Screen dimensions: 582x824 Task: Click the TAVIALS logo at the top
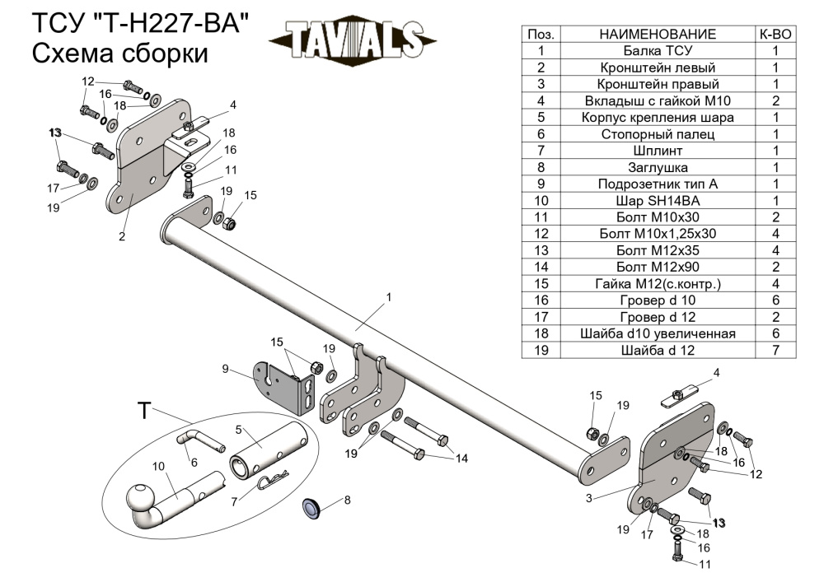(x=352, y=40)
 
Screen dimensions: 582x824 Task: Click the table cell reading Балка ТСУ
(x=658, y=50)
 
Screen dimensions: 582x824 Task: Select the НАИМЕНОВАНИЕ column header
(x=658, y=34)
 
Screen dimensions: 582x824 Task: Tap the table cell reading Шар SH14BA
(x=658, y=200)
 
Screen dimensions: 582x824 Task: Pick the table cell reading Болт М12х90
(x=658, y=267)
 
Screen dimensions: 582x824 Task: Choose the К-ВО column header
(x=775, y=34)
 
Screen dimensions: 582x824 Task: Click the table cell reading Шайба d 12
(x=658, y=350)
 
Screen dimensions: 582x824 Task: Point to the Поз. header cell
(x=541, y=34)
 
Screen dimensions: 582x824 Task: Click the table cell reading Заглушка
(x=658, y=167)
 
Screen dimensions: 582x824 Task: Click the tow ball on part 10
(x=141, y=500)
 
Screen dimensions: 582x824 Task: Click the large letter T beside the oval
(x=144, y=411)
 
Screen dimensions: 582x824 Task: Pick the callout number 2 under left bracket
(x=121, y=237)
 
